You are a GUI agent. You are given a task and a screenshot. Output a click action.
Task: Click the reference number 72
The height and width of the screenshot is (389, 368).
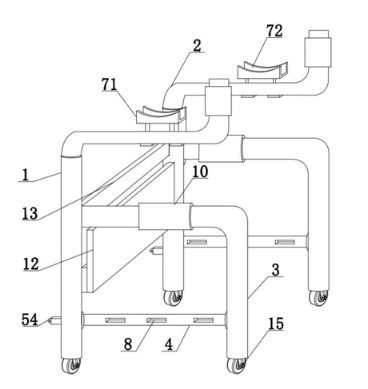[274, 31]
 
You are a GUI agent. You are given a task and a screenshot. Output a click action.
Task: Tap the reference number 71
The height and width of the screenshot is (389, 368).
[110, 84]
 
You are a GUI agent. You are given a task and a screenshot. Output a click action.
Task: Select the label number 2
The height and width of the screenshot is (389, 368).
[197, 46]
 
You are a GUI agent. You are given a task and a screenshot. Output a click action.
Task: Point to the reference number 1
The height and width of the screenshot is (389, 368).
[24, 174]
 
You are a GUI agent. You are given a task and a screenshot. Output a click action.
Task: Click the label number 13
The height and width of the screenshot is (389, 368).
[30, 213]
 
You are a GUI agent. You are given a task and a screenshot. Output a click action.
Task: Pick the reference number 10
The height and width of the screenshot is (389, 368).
[200, 171]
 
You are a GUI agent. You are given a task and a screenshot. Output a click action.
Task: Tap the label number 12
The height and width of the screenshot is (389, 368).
[31, 264]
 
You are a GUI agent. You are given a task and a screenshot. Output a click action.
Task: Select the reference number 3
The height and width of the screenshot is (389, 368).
[275, 270]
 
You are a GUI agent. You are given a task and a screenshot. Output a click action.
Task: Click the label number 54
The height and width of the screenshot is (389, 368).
[30, 320]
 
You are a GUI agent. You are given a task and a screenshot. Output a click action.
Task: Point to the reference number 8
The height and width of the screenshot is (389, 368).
[128, 344]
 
